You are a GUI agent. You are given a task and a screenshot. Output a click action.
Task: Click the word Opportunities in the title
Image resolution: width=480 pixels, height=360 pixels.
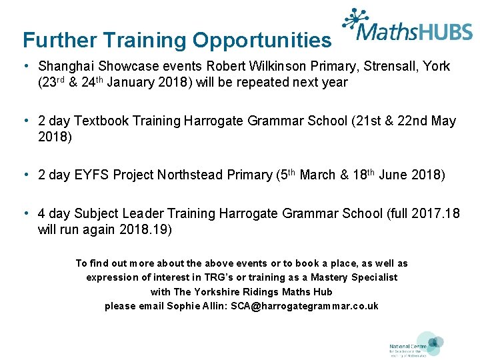point(262,41)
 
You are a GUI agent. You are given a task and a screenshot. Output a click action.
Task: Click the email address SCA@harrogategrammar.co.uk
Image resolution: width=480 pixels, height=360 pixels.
point(305,306)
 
